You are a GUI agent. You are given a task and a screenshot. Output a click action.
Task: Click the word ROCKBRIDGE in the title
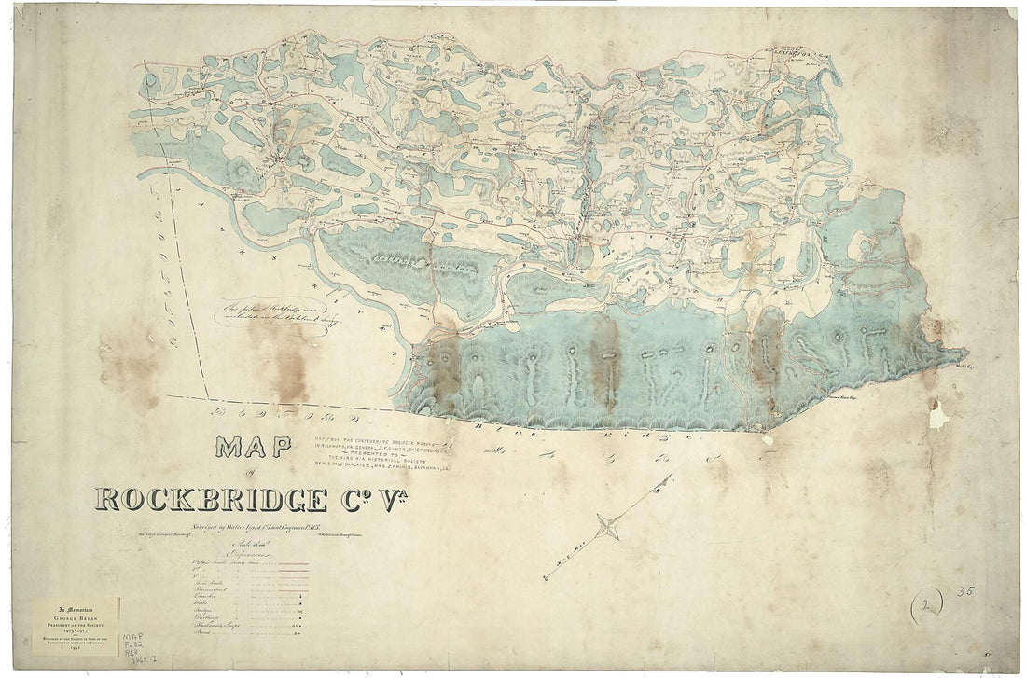211,500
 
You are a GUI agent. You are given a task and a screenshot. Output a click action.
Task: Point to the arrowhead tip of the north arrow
669,478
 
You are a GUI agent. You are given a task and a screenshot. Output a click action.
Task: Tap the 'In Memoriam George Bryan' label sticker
76,626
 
